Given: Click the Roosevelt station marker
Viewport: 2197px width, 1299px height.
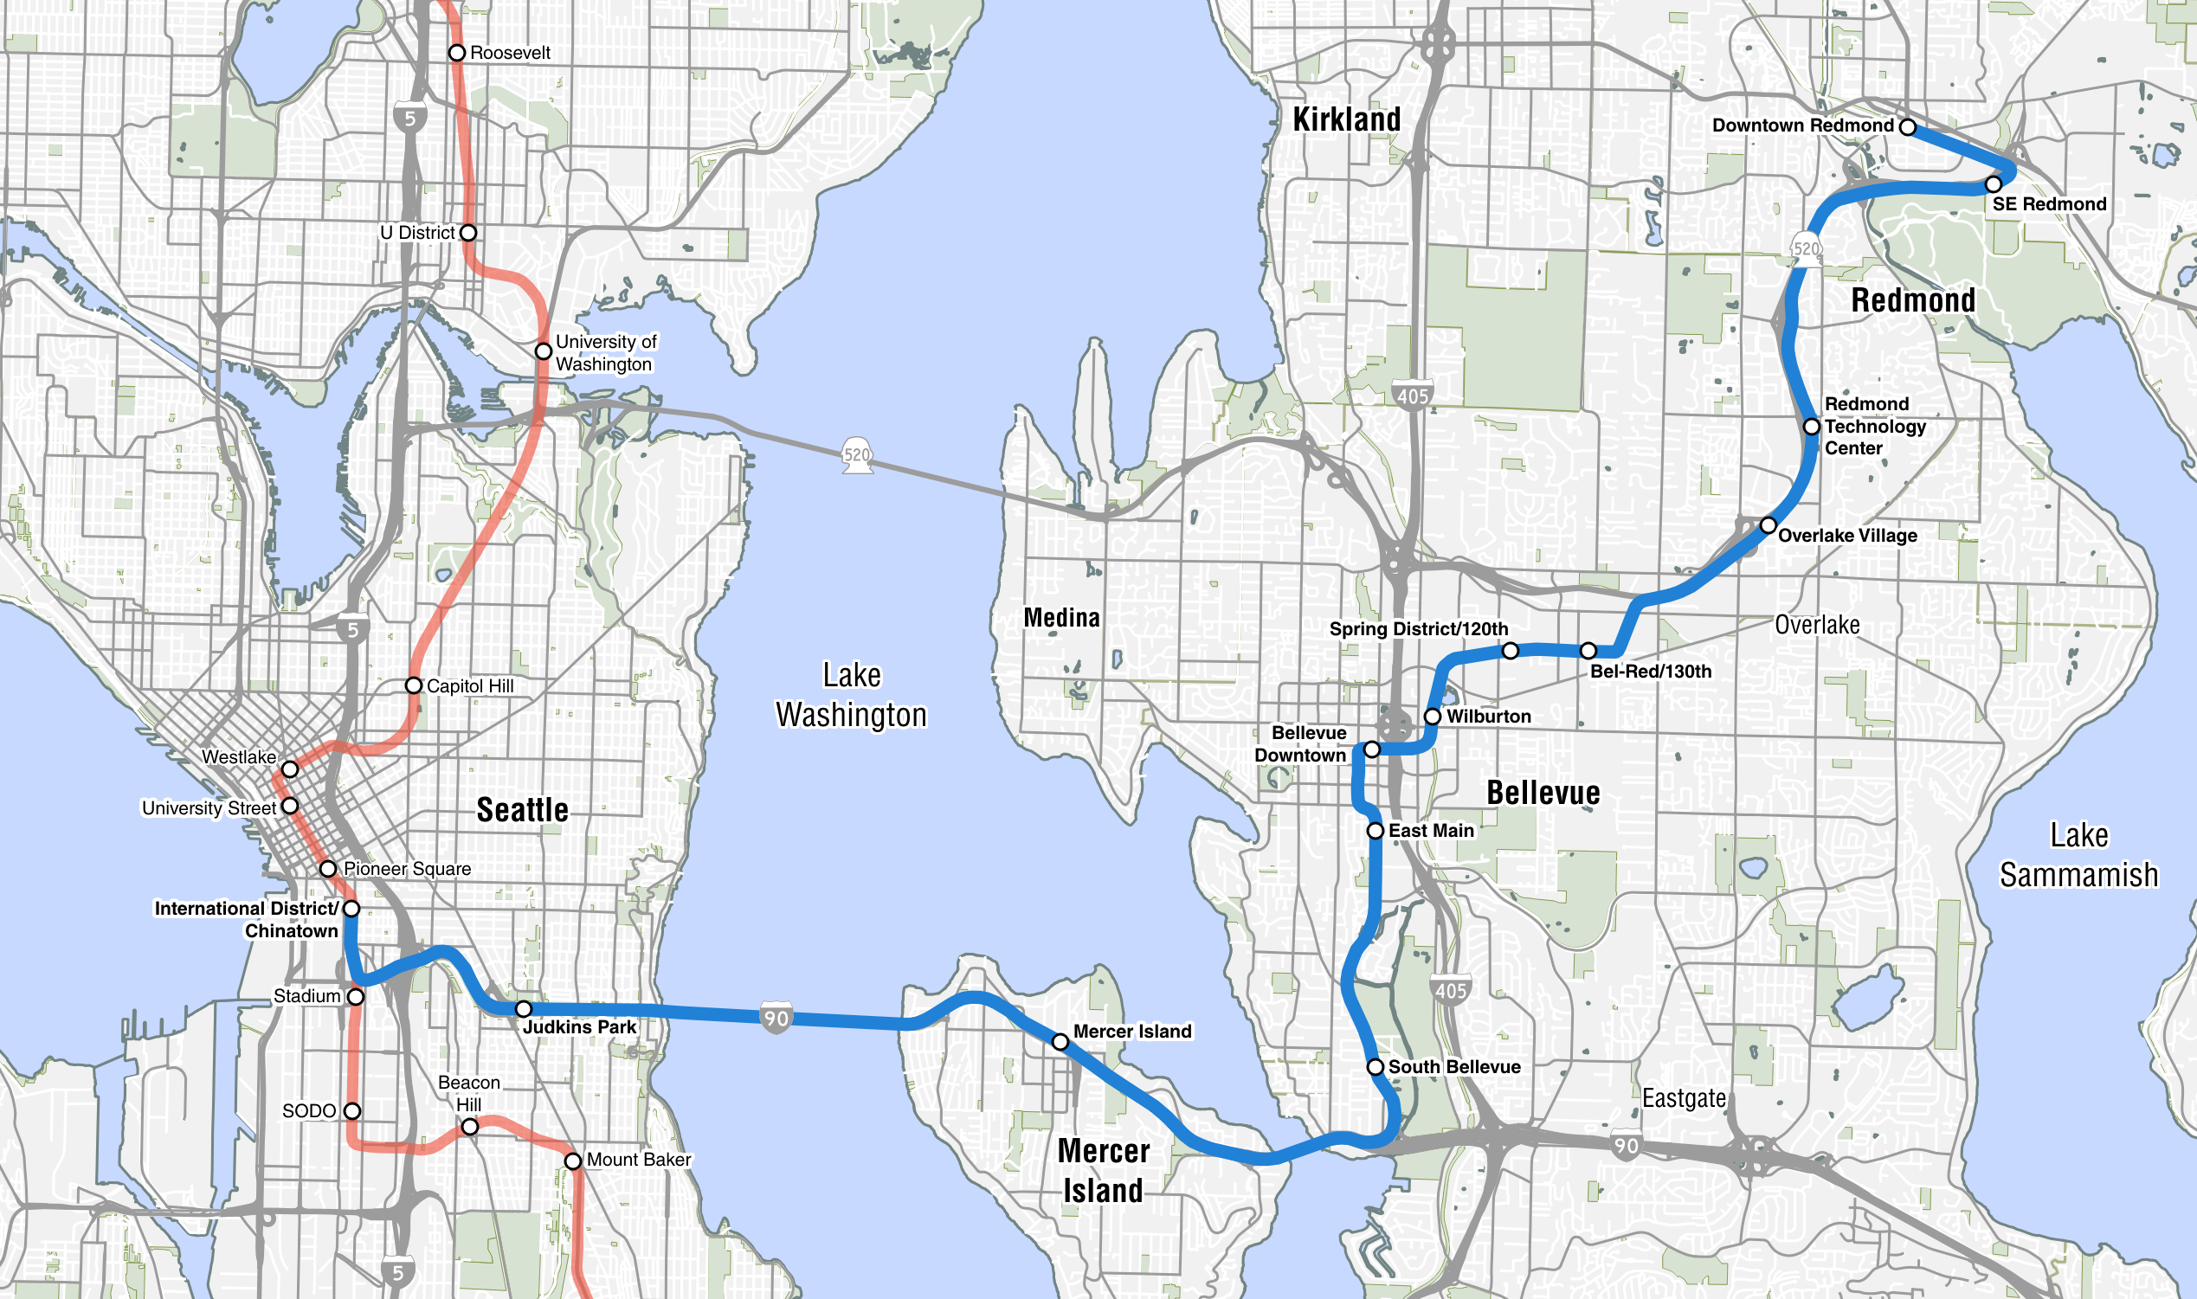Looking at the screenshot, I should pyautogui.click(x=456, y=53).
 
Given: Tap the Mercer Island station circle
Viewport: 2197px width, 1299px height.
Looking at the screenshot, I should pyautogui.click(x=1060, y=1042).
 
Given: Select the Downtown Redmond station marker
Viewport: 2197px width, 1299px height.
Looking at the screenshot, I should pyautogui.click(x=1907, y=127).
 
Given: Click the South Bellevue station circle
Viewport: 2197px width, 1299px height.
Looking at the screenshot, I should pyautogui.click(x=1376, y=1067).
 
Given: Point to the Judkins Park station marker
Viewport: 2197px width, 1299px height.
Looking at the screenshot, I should pyautogui.click(x=524, y=1009).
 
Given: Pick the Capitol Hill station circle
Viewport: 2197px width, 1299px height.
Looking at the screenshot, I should pyautogui.click(x=413, y=685).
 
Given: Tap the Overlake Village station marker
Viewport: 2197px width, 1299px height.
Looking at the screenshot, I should pyautogui.click(x=1769, y=525).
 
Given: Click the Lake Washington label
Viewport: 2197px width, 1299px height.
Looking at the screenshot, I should pyautogui.click(x=851, y=695).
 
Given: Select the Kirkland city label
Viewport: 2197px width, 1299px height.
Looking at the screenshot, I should pyautogui.click(x=1346, y=120).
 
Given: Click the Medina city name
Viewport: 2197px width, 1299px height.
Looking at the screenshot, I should pyautogui.click(x=1062, y=618).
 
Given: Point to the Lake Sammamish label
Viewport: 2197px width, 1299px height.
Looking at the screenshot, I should pyautogui.click(x=2078, y=855).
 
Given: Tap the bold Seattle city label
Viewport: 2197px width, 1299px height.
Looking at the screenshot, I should pyautogui.click(x=523, y=810).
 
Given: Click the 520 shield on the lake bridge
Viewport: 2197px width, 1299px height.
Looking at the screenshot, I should pyautogui.click(x=857, y=455).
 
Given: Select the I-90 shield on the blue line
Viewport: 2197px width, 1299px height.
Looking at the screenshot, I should pyautogui.click(x=776, y=1018).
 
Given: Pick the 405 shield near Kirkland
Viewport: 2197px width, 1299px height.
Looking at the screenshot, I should pyautogui.click(x=1412, y=395).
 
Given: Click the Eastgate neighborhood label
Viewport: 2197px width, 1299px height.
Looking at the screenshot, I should pyautogui.click(x=1683, y=1098).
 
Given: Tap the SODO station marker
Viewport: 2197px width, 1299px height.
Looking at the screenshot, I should pyautogui.click(x=351, y=1111).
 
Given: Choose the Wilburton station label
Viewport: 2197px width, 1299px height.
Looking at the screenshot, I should pyautogui.click(x=1488, y=716).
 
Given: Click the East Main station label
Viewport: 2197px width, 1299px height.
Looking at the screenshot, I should pyautogui.click(x=1431, y=830).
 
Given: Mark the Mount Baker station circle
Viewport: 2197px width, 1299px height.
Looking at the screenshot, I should pyautogui.click(x=572, y=1161).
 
